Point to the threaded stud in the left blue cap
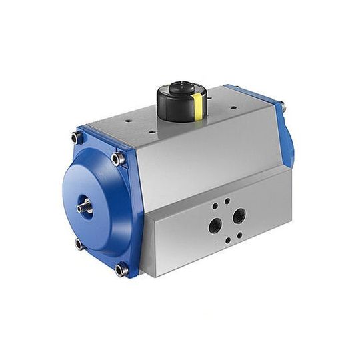point(86,207)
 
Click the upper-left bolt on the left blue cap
point(77,137)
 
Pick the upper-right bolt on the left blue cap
point(119,159)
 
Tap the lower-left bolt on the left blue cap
point(79,244)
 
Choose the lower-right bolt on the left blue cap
point(121,269)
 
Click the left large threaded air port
point(215,225)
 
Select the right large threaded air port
point(239,215)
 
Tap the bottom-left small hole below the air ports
point(227,241)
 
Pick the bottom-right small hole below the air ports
point(239,235)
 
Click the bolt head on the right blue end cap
point(283,105)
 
